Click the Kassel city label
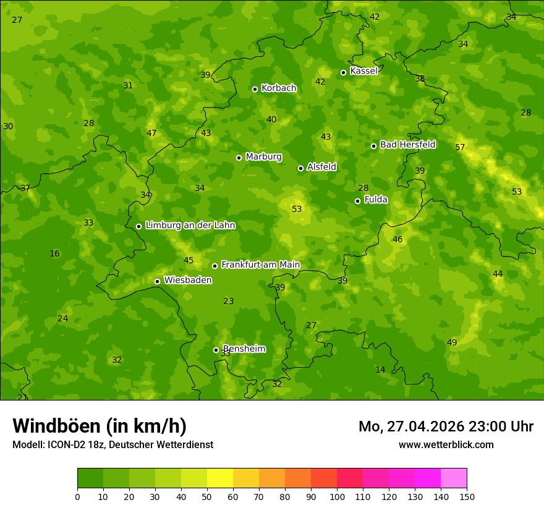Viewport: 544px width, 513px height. click(363, 71)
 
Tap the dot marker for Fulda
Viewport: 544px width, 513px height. click(357, 201)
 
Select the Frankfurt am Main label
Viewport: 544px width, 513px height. click(260, 265)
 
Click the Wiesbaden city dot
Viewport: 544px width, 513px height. click(157, 281)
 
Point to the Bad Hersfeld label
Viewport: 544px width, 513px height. click(407, 145)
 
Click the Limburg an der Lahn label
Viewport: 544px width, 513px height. click(190, 226)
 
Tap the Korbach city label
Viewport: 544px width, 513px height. click(279, 88)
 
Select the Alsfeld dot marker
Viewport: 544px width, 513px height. click(300, 168)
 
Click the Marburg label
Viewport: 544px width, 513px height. click(263, 157)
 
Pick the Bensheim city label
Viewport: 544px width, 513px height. click(244, 349)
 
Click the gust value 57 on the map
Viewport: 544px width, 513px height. click(460, 147)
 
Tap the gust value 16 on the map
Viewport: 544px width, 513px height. click(54, 253)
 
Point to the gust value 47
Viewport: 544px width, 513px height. click(151, 133)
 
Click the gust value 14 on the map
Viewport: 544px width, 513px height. click(380, 370)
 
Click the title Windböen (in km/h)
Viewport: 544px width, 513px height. click(100, 426)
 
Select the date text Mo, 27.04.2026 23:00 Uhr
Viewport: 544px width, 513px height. click(446, 426)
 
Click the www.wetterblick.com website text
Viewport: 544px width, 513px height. click(446, 444)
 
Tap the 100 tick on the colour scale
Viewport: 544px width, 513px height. click(337, 496)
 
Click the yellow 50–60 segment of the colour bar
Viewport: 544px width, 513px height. click(220, 478)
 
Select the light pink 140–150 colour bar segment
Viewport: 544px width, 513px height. click(454, 478)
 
